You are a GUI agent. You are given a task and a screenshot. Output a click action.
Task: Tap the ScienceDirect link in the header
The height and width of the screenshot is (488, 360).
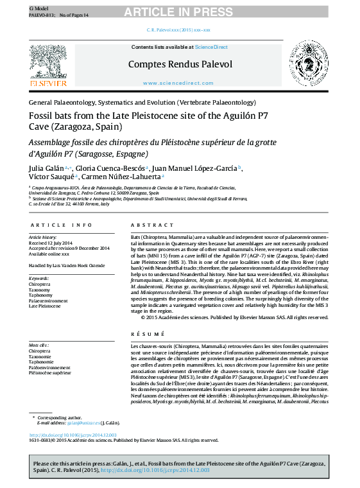click(211, 47)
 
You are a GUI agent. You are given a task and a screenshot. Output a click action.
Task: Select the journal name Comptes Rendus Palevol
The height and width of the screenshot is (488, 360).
click(180, 64)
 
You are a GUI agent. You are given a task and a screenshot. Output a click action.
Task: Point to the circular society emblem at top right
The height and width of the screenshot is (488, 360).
click(311, 63)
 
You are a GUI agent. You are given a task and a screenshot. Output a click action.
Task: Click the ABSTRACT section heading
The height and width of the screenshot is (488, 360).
click(148, 225)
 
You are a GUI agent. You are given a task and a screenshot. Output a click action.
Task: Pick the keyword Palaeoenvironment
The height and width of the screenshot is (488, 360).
click(49, 301)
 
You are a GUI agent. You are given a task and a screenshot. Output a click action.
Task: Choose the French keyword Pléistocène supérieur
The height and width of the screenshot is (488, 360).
click(50, 372)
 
